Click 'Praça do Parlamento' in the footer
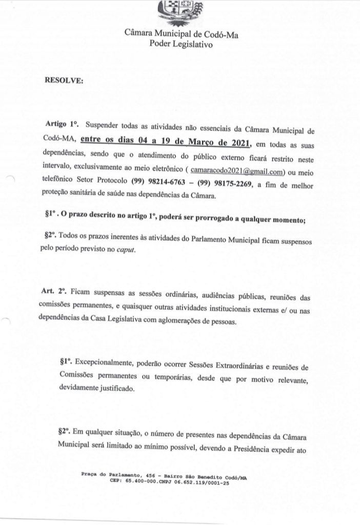(110, 476)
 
